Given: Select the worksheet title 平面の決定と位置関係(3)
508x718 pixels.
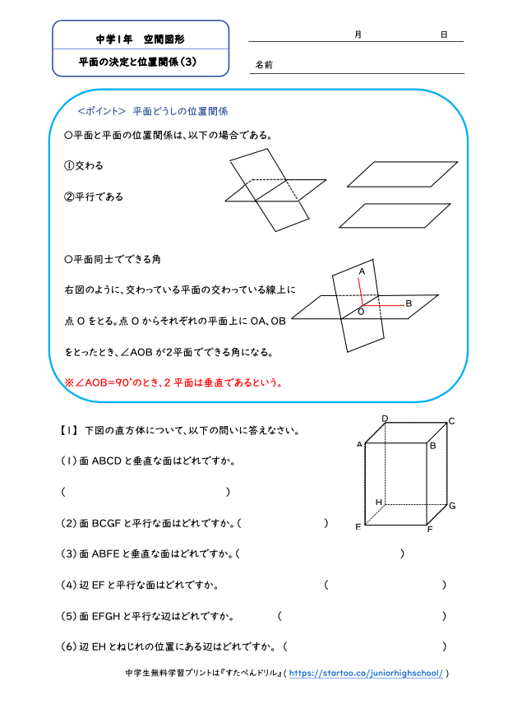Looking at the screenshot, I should [137, 61].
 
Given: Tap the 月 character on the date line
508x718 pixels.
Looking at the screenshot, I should [358, 35].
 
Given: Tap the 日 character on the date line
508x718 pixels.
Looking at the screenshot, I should [443, 35].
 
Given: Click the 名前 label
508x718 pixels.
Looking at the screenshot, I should [263, 64].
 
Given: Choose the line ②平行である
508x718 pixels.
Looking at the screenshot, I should [94, 197].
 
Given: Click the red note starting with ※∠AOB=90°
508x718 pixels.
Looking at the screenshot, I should [173, 382].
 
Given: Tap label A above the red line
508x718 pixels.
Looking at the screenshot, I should [362, 271].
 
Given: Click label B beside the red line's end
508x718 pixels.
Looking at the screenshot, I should [409, 303].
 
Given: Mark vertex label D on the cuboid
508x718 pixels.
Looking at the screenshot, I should [385, 419].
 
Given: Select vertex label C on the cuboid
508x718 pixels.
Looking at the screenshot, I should [451, 422].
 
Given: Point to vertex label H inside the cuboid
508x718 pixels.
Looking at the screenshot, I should [379, 502].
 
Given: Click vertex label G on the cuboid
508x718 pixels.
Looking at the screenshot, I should [452, 505].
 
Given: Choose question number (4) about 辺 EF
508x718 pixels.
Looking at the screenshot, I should [69, 585].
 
